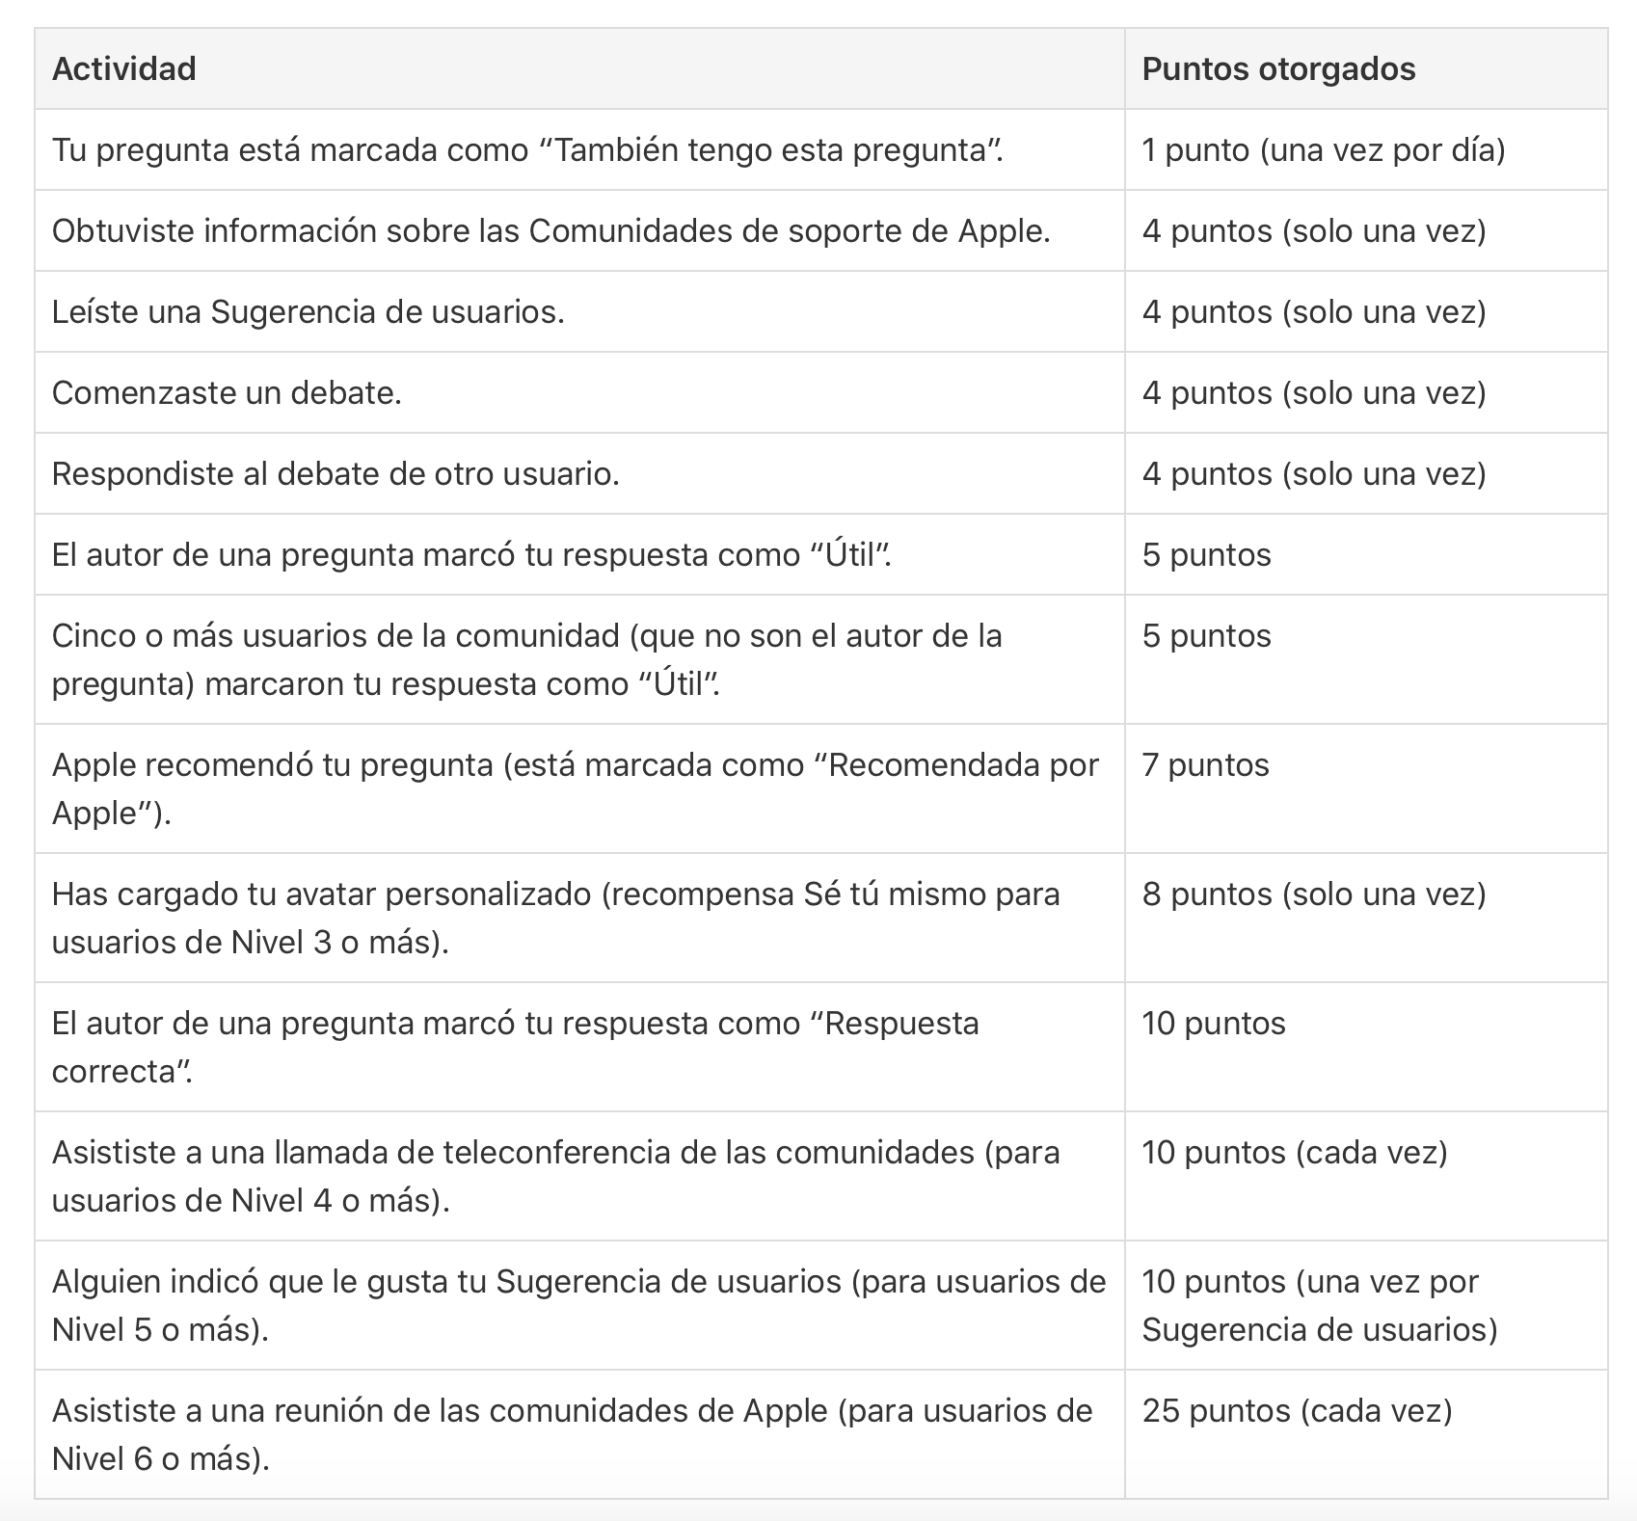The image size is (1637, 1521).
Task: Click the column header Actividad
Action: [124, 69]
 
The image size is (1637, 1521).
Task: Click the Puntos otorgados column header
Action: [1278, 69]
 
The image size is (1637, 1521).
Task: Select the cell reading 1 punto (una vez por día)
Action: [1323, 150]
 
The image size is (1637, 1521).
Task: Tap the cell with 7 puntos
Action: [1205, 765]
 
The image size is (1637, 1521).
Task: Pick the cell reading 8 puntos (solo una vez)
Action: [1313, 894]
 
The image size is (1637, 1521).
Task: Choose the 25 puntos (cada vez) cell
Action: [1297, 1411]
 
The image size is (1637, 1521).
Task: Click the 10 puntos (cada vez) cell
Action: [1294, 1153]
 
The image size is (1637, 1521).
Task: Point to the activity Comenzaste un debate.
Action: [227, 393]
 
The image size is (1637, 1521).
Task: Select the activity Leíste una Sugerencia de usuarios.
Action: [308, 312]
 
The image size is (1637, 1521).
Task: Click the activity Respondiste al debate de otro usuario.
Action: [335, 474]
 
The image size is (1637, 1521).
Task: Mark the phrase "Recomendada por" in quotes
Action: [962, 765]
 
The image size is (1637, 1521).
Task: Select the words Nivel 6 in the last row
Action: [102, 1459]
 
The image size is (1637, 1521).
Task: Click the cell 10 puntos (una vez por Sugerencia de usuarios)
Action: [1319, 1306]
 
